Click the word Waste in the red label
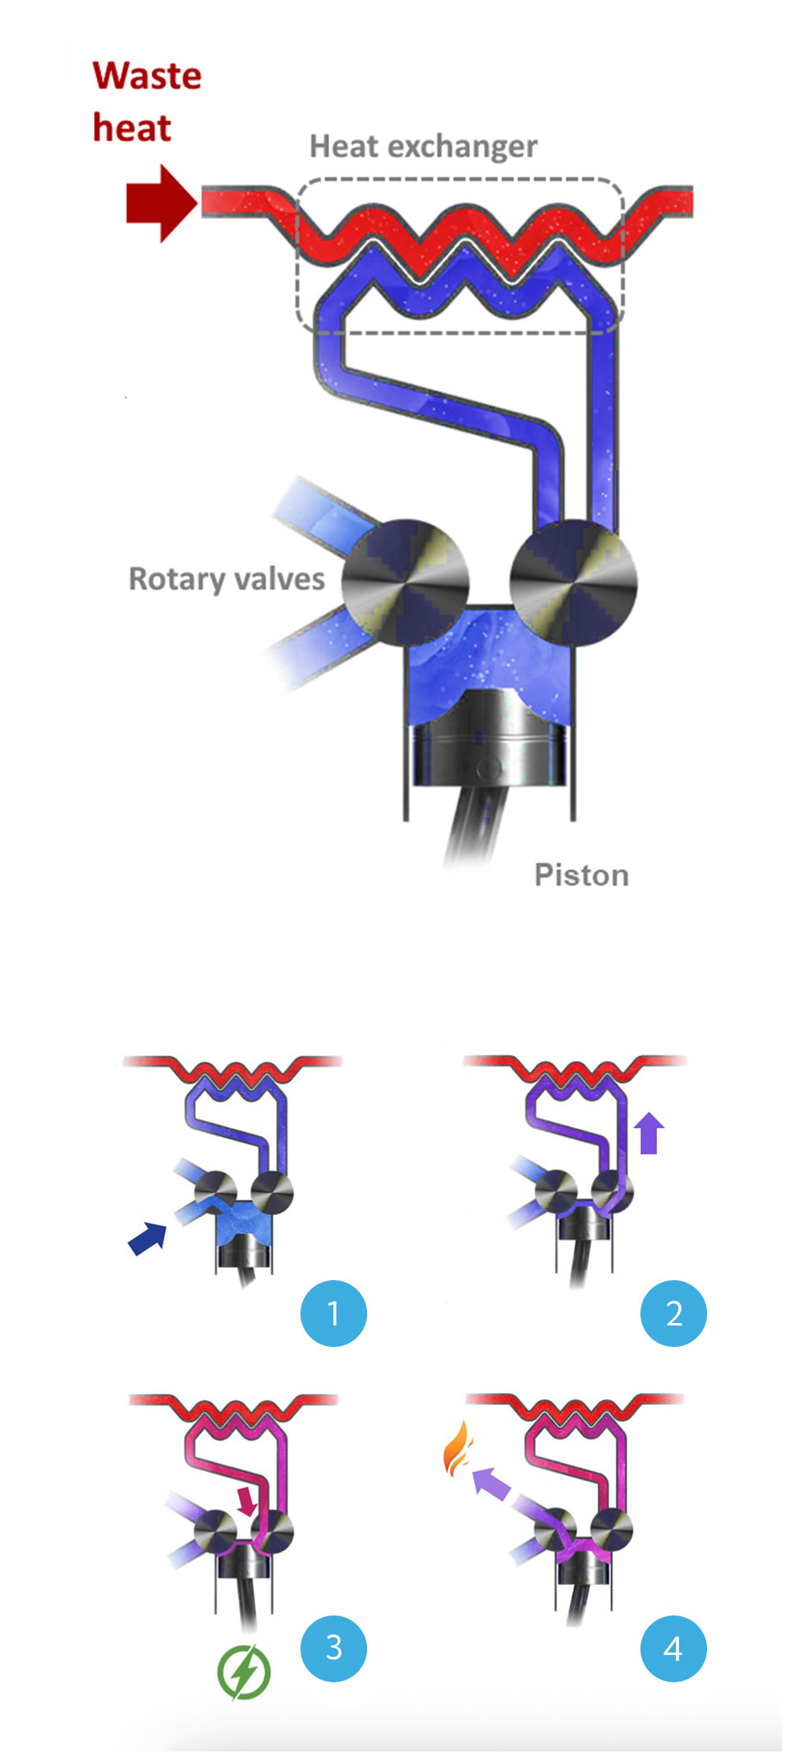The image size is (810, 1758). click(x=147, y=76)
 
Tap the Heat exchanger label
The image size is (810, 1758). click(x=423, y=147)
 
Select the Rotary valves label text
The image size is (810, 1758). click(x=226, y=578)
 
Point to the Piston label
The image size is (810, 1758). click(x=581, y=875)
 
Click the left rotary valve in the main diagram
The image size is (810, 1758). click(x=405, y=582)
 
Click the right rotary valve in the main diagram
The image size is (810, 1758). click(x=573, y=582)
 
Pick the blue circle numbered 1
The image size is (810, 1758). click(x=333, y=1313)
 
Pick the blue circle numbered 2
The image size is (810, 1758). click(x=673, y=1313)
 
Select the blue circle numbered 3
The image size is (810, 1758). click(x=333, y=1648)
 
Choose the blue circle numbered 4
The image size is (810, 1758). click(x=673, y=1648)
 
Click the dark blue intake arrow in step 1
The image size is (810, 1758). click(x=147, y=1238)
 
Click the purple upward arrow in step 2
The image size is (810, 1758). click(x=649, y=1133)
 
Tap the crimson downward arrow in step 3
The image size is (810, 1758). click(x=247, y=1501)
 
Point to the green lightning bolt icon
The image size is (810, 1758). click(x=244, y=1673)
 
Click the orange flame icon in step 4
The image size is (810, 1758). click(x=458, y=1448)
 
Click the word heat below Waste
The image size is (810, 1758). click(x=132, y=129)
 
